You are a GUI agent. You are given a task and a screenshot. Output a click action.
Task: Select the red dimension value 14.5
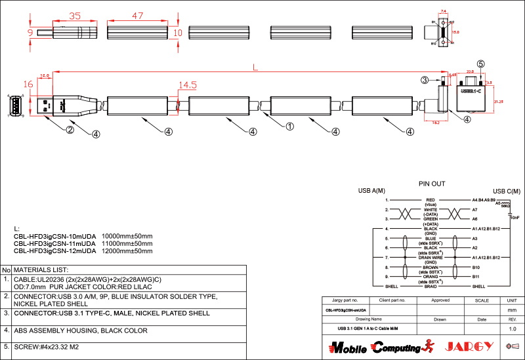188,85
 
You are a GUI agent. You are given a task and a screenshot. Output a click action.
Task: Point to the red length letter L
255,67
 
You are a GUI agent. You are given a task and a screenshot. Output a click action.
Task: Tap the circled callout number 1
288,126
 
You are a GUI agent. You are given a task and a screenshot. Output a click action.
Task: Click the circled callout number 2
70,129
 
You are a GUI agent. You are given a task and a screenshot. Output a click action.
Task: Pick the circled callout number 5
481,64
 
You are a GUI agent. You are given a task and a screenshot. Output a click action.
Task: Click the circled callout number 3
425,80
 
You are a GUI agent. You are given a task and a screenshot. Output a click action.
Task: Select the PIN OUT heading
432,184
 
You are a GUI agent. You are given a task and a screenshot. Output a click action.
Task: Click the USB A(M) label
371,191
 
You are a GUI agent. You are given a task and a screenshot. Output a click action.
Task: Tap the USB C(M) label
507,191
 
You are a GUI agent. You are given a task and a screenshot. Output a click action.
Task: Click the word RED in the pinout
430,199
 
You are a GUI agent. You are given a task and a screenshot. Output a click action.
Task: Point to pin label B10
476,268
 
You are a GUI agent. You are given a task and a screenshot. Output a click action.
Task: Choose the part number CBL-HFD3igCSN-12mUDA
55,250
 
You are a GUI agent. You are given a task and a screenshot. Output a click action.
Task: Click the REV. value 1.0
513,328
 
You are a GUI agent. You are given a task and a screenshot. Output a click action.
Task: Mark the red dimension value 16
28,84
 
